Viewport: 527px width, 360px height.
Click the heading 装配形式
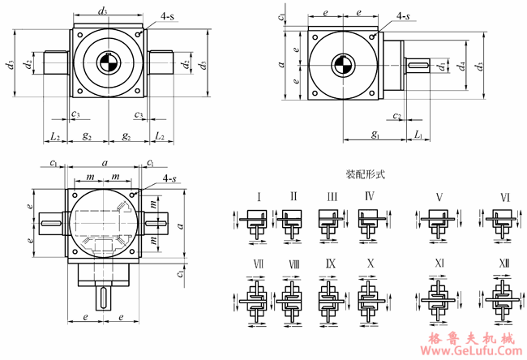pos(364,174)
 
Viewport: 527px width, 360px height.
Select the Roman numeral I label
pos(258,196)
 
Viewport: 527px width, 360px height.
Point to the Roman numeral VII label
pos(258,264)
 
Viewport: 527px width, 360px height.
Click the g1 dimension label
pos(375,135)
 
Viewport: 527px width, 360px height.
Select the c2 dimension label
pos(396,116)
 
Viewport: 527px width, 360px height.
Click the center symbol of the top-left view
pos(108,63)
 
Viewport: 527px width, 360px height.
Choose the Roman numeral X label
pos(371,264)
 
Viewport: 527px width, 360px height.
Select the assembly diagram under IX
pos(332,298)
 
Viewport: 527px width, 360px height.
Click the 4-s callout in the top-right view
pos(402,16)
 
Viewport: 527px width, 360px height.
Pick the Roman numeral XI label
pos(439,264)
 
